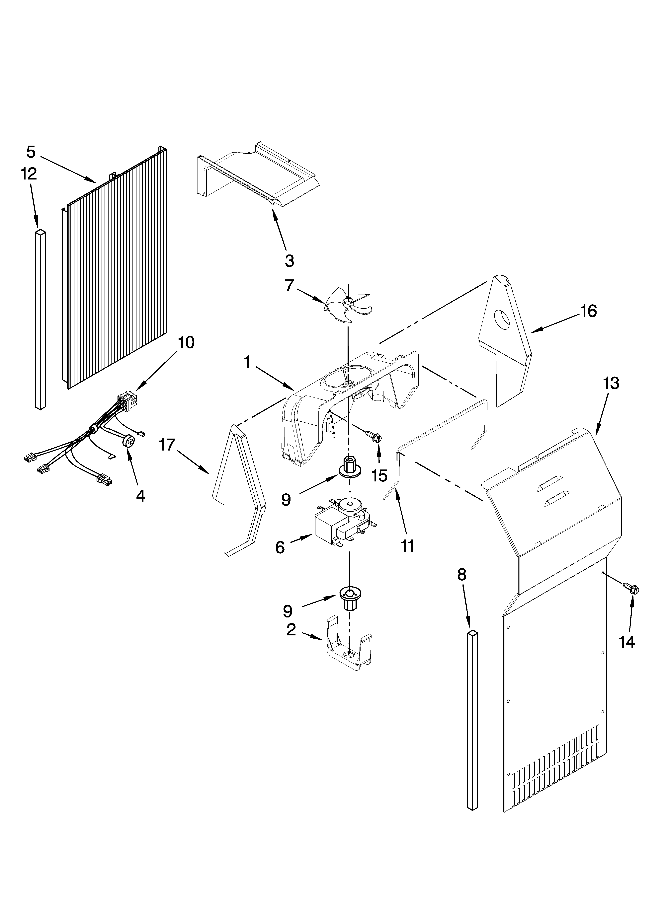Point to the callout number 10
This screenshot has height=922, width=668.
click(186, 343)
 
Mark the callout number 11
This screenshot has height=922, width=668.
click(407, 546)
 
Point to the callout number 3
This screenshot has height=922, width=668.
click(289, 261)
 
